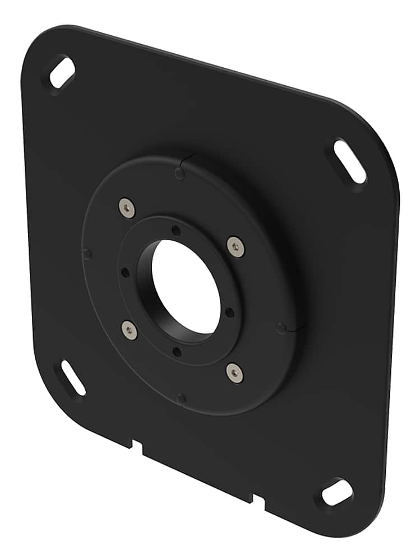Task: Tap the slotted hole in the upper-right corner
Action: click(x=350, y=162)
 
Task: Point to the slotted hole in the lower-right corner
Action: click(x=337, y=492)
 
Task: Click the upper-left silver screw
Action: click(x=128, y=208)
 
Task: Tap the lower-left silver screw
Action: click(x=129, y=330)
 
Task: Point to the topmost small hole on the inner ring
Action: click(x=176, y=230)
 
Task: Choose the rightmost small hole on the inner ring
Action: click(x=230, y=312)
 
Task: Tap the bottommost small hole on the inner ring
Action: click(x=177, y=352)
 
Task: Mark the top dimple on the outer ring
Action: click(x=180, y=173)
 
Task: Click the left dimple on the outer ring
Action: click(x=87, y=254)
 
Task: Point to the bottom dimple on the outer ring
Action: click(x=181, y=399)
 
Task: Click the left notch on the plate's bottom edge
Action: click(x=137, y=445)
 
